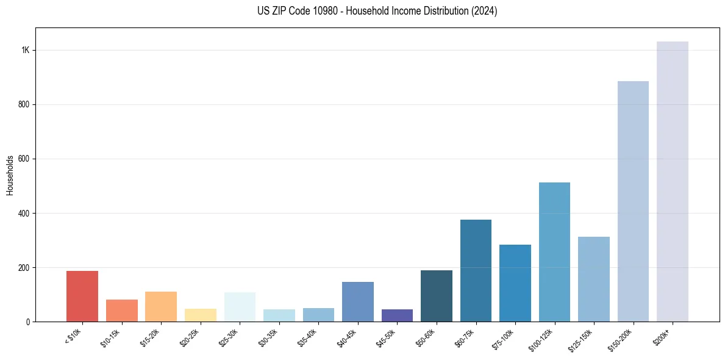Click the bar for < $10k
(82, 296)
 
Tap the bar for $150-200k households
(633, 201)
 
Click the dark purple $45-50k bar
(397, 315)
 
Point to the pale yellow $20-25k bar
(201, 315)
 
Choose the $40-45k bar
(358, 301)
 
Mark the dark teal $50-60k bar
(437, 296)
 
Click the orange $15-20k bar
(161, 306)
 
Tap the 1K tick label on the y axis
(26, 50)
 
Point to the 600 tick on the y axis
(24, 159)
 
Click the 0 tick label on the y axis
(28, 322)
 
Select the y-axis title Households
(10, 175)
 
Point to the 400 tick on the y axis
(24, 213)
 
